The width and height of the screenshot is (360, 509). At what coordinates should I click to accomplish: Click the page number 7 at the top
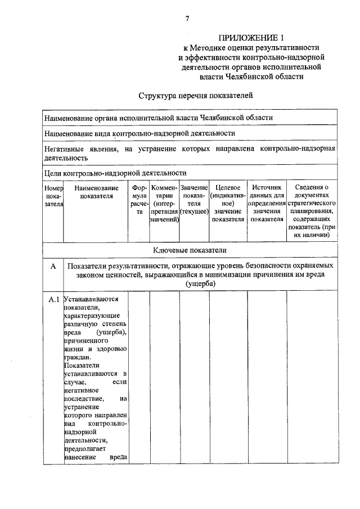pos(187,18)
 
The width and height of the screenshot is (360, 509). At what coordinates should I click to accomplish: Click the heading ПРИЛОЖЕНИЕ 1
pos(251,38)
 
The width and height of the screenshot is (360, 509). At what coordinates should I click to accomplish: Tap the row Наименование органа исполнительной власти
pos(159,118)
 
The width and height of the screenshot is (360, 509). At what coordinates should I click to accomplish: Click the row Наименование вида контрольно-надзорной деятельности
pos(139,133)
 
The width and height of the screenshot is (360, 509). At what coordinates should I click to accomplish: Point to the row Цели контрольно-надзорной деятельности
pos(115,173)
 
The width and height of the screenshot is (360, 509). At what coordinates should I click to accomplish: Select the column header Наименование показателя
pos(96,191)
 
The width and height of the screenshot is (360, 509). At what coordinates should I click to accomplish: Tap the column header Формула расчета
pos(139,203)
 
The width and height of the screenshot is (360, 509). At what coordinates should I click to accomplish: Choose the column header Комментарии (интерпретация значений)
pos(164,203)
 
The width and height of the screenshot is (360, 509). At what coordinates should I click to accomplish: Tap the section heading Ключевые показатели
pos(190,249)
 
